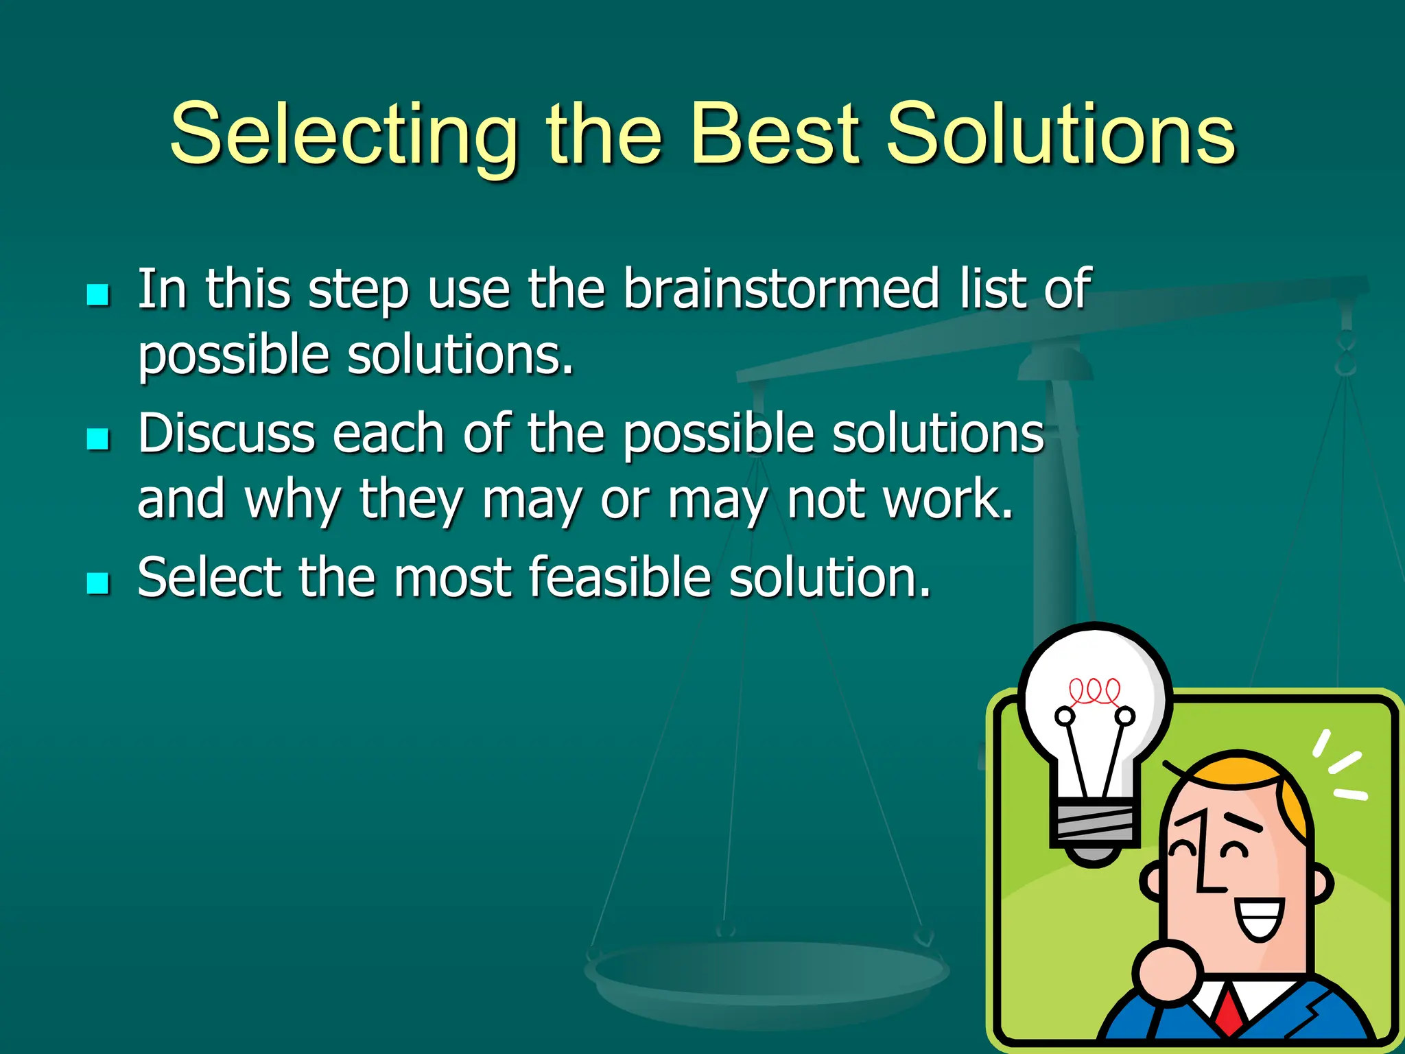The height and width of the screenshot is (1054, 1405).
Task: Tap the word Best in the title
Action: [775, 134]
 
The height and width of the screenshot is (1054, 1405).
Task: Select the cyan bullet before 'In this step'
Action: [98, 295]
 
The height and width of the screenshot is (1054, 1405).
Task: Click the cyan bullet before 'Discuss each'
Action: [98, 439]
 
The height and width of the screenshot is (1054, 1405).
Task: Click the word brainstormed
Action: [781, 289]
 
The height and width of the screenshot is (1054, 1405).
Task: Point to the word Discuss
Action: [226, 434]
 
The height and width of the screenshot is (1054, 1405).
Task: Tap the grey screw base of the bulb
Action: [1094, 823]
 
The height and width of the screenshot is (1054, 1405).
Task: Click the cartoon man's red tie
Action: [1230, 1012]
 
